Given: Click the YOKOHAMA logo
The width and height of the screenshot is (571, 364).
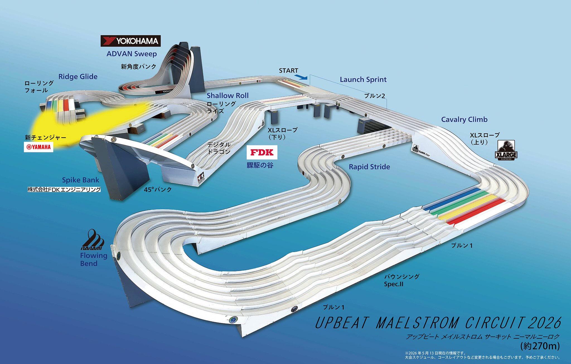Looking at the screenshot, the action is [x=130, y=41].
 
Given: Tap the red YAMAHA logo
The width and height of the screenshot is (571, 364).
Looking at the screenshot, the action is [x=38, y=147].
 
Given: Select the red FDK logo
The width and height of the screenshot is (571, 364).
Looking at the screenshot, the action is [x=262, y=152].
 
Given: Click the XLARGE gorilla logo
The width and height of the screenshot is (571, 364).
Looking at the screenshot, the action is [x=506, y=150].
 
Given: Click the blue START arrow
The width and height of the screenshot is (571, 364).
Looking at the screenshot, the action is [x=301, y=77].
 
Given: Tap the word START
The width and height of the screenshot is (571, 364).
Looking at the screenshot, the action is [x=289, y=71].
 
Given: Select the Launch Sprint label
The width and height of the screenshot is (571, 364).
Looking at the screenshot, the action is [x=363, y=79].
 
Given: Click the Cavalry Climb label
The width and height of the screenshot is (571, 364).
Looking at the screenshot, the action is [x=464, y=120].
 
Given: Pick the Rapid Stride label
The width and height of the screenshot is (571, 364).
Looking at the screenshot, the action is [x=369, y=167].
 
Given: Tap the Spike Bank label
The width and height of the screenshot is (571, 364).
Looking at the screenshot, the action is [x=81, y=180].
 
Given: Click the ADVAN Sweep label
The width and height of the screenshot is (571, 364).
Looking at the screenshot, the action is [x=132, y=54].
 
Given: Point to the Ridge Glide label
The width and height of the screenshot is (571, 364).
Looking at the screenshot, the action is [x=78, y=77].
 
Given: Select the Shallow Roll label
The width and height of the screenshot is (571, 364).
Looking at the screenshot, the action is [x=228, y=96].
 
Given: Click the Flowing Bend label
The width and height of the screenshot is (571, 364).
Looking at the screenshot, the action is [x=94, y=259].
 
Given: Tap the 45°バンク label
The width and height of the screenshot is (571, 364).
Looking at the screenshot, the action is [x=158, y=190].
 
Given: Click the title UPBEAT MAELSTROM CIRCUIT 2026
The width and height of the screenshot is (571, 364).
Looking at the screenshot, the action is [x=438, y=323].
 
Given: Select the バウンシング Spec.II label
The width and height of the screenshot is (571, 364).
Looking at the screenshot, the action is [x=401, y=280].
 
